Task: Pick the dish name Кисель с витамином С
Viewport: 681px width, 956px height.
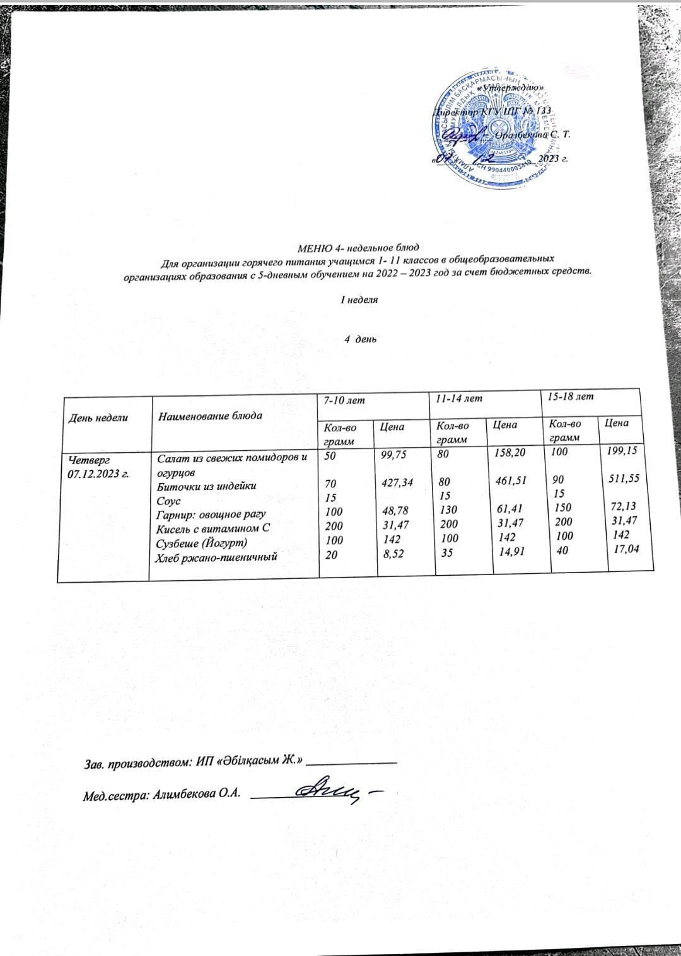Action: click(213, 528)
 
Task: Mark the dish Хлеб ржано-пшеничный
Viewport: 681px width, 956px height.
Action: click(218, 557)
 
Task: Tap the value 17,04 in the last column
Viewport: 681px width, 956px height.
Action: click(627, 550)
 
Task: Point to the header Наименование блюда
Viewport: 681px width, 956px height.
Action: click(210, 416)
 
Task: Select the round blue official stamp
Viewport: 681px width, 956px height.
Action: click(489, 129)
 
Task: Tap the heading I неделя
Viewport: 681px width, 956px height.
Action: click(359, 300)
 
